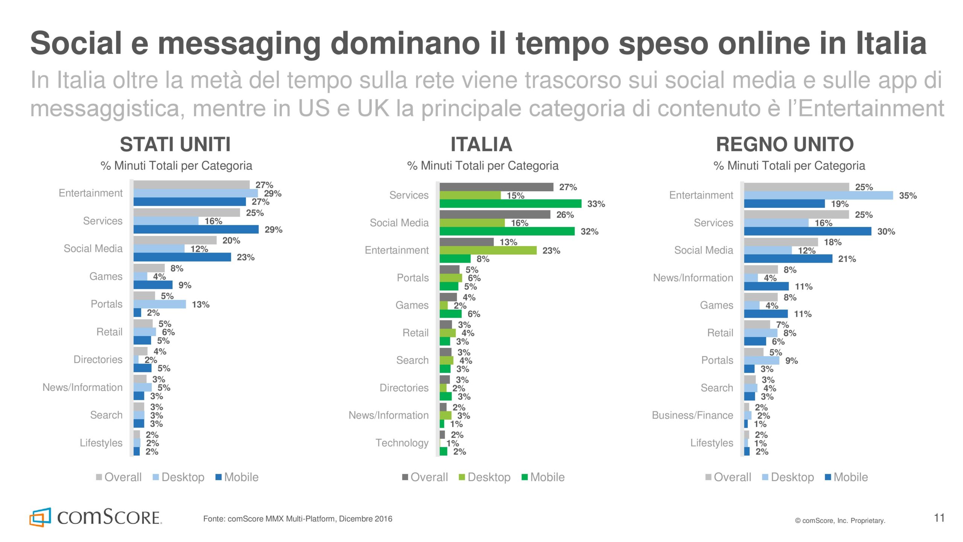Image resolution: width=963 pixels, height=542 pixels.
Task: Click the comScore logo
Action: (x=96, y=517)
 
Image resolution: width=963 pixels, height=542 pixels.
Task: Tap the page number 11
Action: (x=939, y=518)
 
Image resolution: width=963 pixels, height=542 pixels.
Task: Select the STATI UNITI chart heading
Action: (x=175, y=145)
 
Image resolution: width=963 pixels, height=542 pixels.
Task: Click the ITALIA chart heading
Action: (x=481, y=145)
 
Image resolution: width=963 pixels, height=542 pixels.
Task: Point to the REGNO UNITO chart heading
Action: (x=785, y=145)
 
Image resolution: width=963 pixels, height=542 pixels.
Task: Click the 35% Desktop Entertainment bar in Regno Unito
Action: (x=818, y=195)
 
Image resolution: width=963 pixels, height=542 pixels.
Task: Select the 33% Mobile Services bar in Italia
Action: (x=510, y=204)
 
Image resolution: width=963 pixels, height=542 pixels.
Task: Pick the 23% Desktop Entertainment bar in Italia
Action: (x=488, y=250)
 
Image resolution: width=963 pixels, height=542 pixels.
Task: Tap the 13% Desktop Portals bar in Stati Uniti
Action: (x=159, y=304)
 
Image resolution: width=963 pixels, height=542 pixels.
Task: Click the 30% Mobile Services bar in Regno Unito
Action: (x=807, y=231)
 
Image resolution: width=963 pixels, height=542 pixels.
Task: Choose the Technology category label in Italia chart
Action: (x=402, y=443)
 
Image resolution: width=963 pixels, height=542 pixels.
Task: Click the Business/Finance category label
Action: (x=692, y=415)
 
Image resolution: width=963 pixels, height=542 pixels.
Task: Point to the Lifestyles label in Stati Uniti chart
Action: (x=101, y=443)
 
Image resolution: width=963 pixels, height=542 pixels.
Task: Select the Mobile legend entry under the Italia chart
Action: (x=543, y=477)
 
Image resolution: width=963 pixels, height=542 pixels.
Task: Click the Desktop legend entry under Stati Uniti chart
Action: (x=179, y=477)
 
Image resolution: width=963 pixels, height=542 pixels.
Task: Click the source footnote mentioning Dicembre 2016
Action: (x=298, y=519)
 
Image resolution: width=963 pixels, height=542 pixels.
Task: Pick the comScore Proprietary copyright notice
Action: (x=840, y=521)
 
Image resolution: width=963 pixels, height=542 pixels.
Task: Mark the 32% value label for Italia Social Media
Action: (x=589, y=232)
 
